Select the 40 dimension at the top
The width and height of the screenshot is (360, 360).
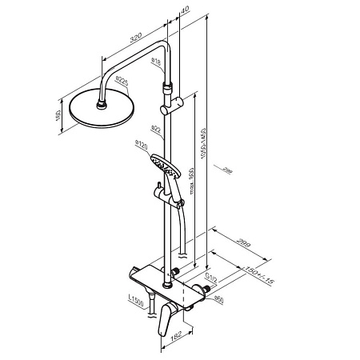(185, 10)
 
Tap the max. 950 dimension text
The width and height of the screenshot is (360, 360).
(192, 185)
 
